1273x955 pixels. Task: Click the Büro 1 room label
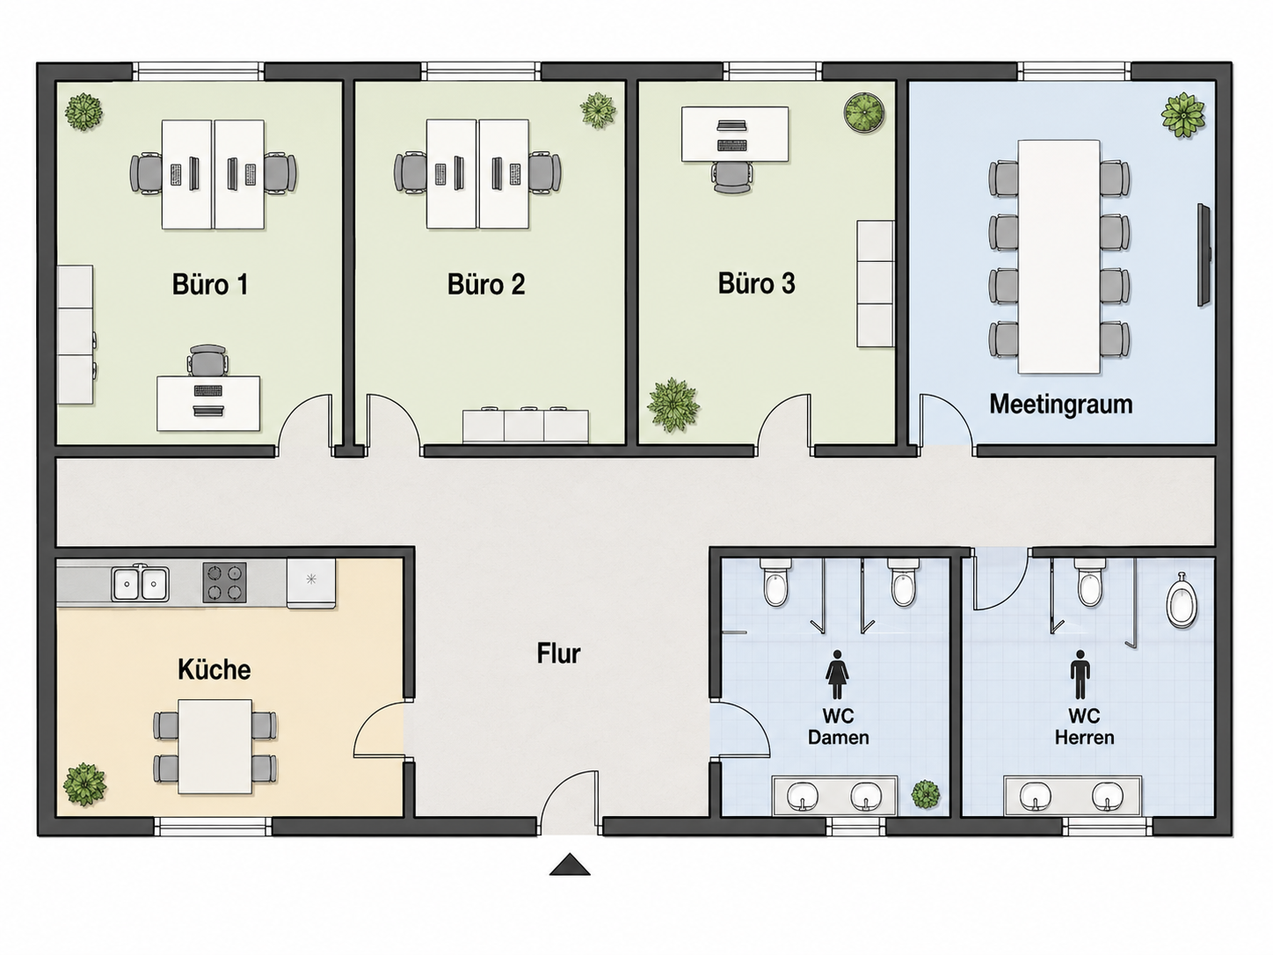(210, 284)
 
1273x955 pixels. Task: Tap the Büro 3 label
(756, 283)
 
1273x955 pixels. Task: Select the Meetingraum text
(1061, 405)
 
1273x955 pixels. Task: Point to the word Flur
(558, 653)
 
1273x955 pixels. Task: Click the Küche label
(214, 669)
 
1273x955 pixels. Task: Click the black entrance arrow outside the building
(570, 864)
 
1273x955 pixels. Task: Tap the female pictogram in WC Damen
(837, 674)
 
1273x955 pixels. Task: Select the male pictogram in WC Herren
(1080, 674)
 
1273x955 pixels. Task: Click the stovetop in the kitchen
(224, 582)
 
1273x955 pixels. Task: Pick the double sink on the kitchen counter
(141, 583)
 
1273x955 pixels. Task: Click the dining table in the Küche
(215, 747)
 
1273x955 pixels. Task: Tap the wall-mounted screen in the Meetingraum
(1204, 254)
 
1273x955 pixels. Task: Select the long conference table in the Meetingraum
(1059, 256)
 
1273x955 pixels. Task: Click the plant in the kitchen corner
(84, 784)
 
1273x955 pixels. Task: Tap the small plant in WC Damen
(925, 794)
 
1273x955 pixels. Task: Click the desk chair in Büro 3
(732, 177)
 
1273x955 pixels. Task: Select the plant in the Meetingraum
(1182, 115)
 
